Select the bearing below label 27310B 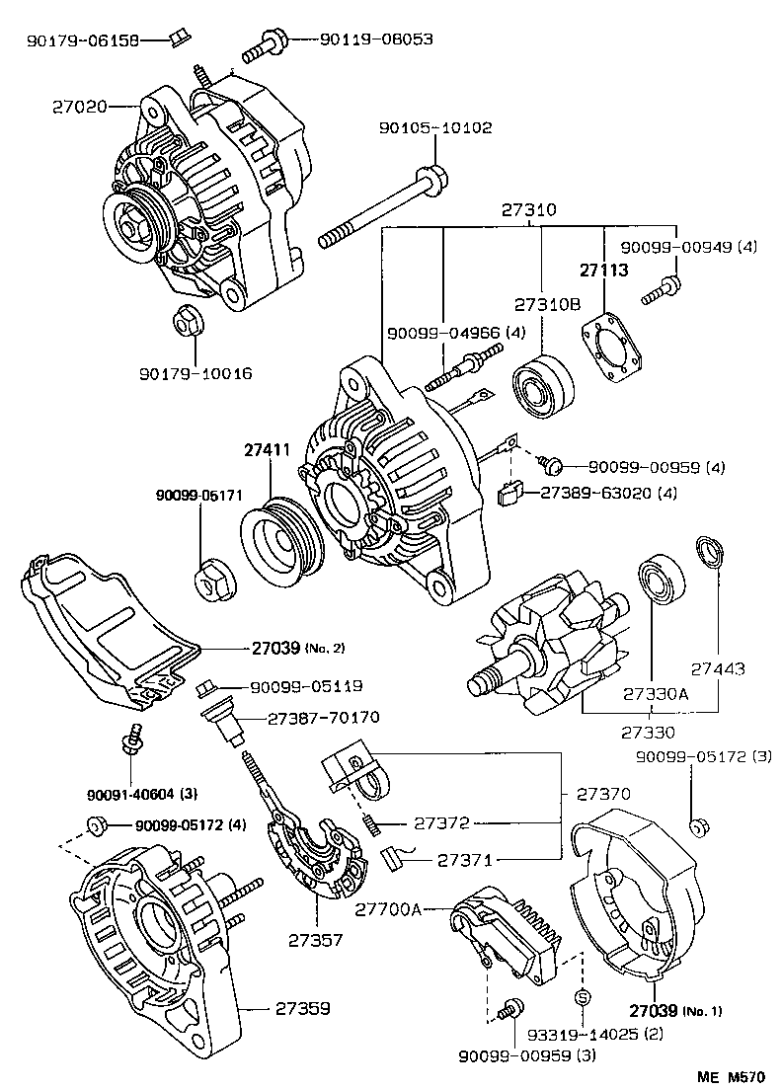point(543,384)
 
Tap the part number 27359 point(302,1009)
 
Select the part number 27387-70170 point(324,718)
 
